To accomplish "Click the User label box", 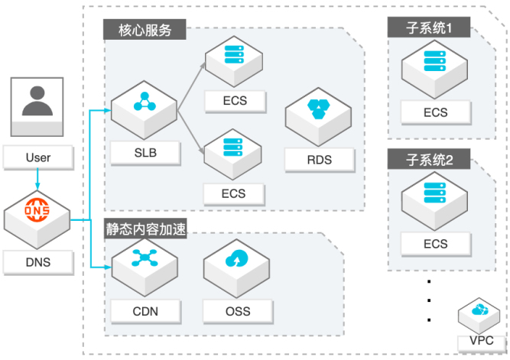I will [37, 158].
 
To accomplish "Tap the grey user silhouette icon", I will [37, 103].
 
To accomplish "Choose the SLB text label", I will [145, 153].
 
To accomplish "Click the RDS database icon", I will [319, 111].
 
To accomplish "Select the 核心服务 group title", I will [146, 30].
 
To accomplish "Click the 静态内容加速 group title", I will [146, 227].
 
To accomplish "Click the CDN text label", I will [145, 311].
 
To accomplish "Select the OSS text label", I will [238, 311].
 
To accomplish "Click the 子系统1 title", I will [430, 28].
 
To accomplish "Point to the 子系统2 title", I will [430, 160].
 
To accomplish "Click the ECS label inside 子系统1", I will [435, 113].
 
